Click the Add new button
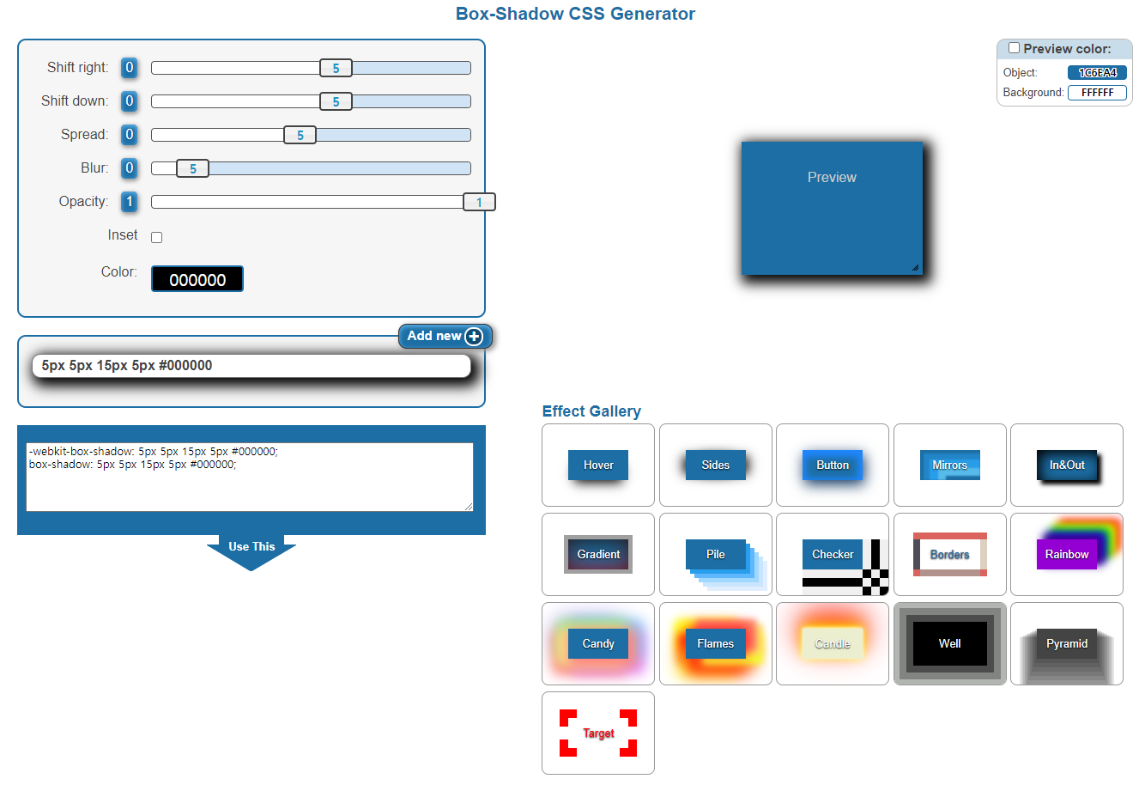[x=445, y=336]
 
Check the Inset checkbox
[x=157, y=237]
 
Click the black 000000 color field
[x=197, y=279]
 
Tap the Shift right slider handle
[x=336, y=68]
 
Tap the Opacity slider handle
[x=479, y=202]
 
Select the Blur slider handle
[x=192, y=168]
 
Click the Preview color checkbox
[x=1014, y=48]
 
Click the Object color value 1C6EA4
[x=1097, y=73]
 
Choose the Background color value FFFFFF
[x=1097, y=93]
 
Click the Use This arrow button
[x=251, y=550]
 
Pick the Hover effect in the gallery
[x=598, y=465]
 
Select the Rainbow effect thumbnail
[x=1066, y=554]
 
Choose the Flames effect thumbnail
[x=715, y=643]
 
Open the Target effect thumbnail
[x=598, y=733]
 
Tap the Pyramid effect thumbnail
[x=1066, y=643]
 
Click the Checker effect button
[x=833, y=554]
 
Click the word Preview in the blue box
[x=832, y=178]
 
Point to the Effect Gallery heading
[x=591, y=411]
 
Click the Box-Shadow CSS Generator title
[x=575, y=14]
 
